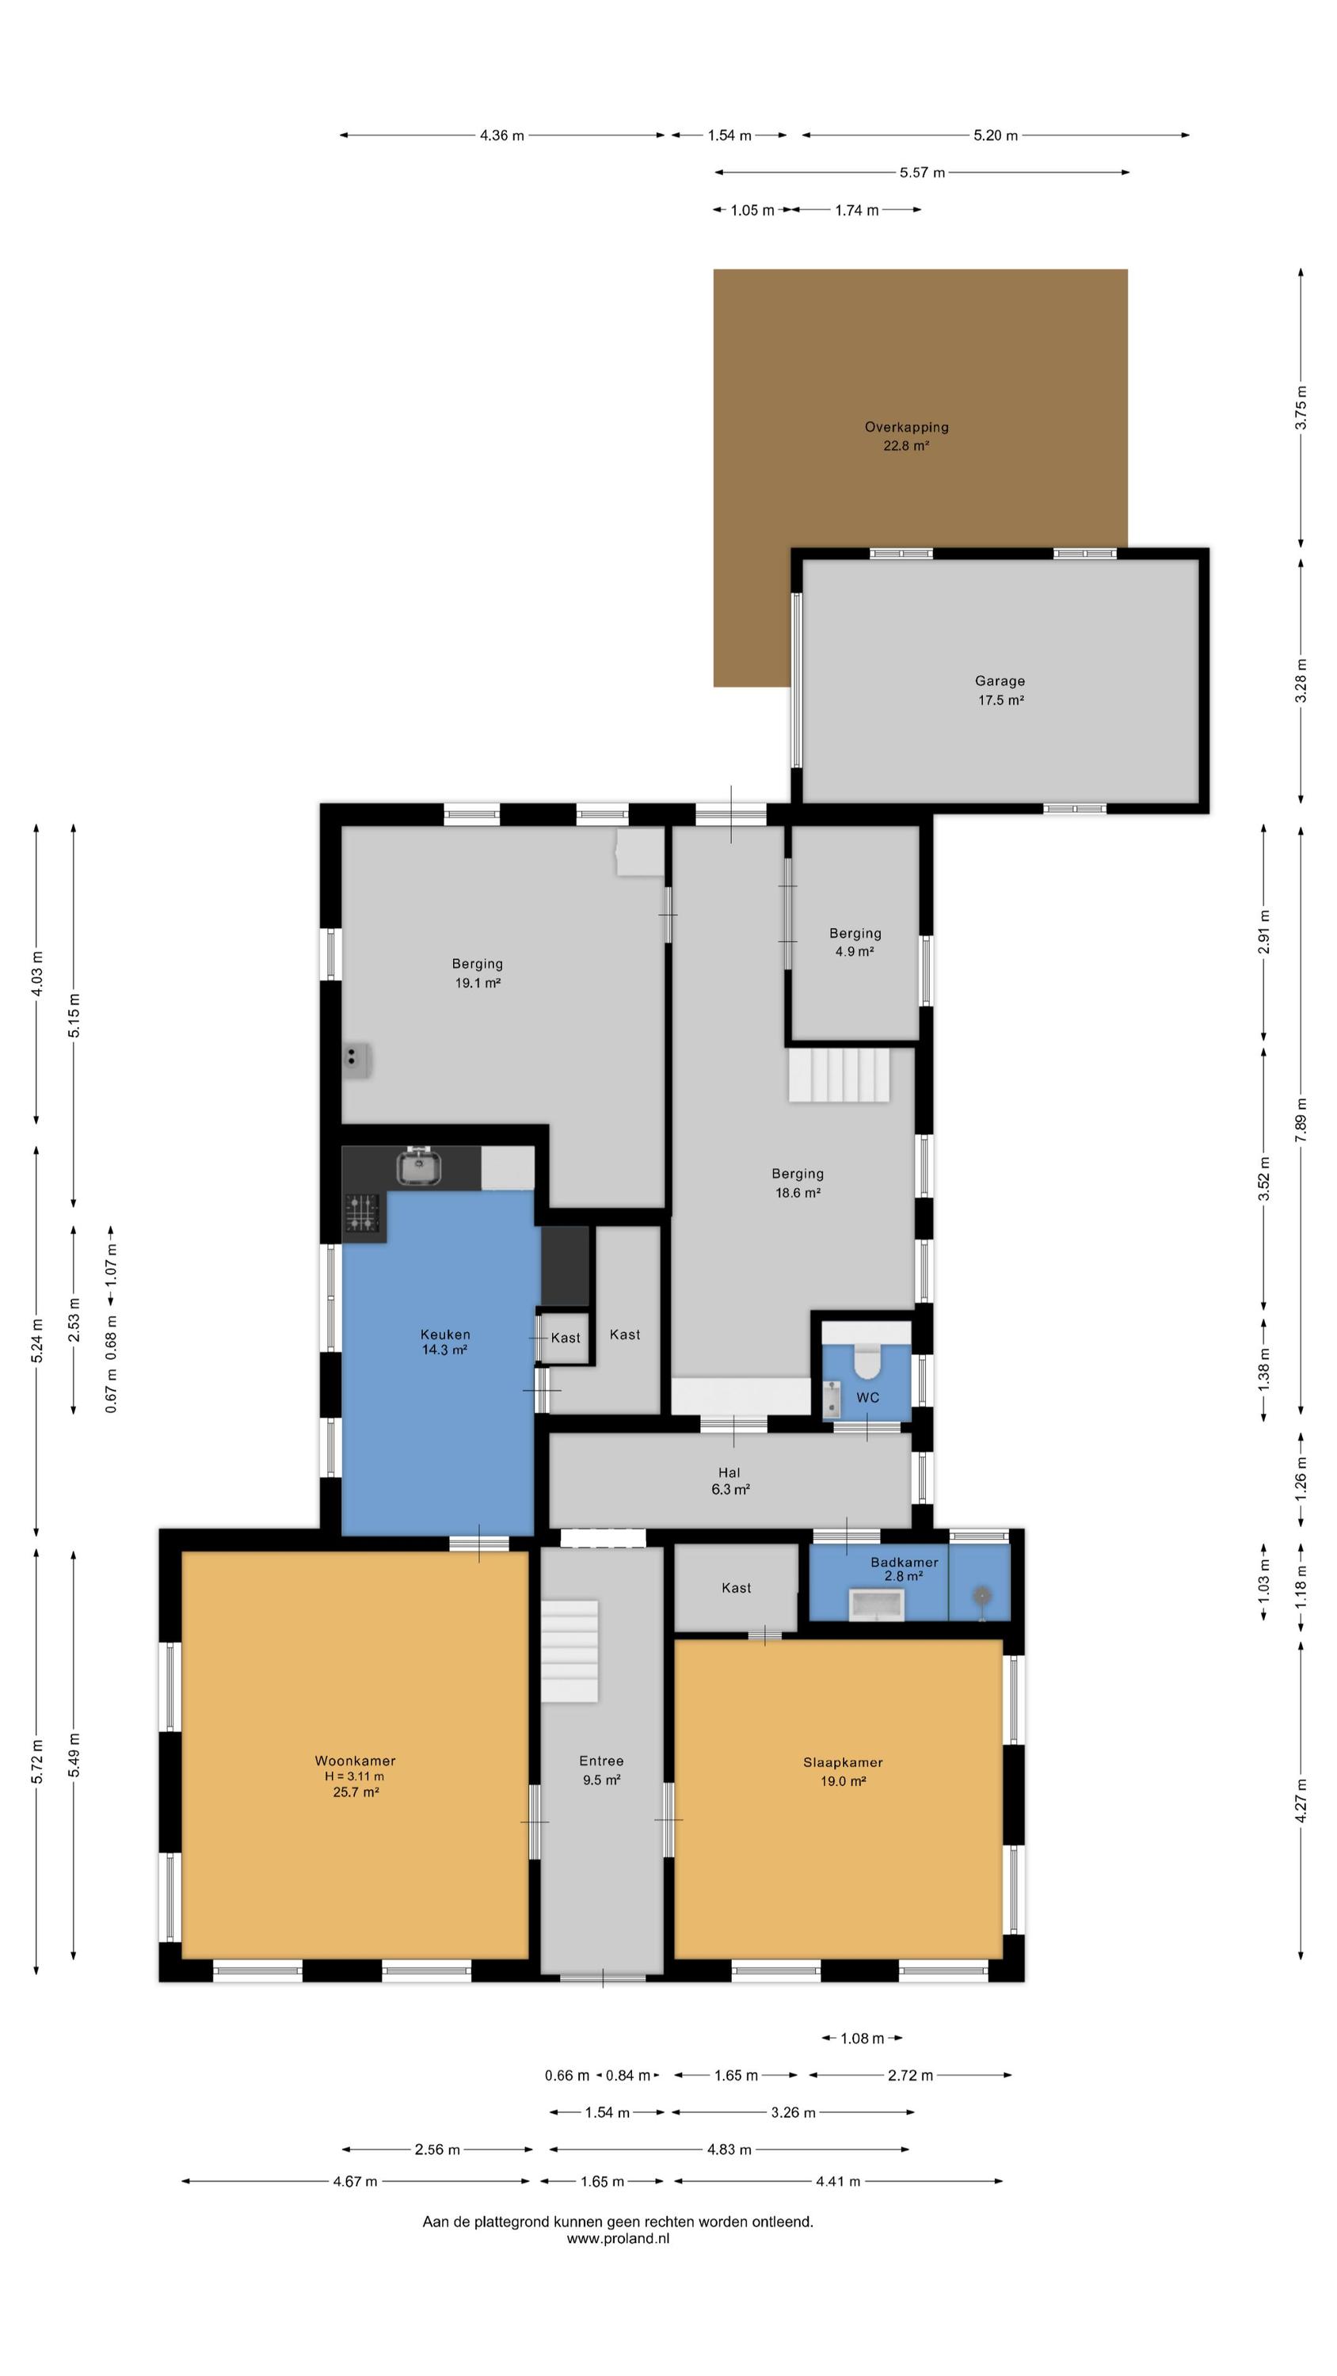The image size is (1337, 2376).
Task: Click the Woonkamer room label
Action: (356, 1760)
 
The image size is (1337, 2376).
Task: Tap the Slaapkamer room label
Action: (843, 1761)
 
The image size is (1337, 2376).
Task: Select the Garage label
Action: (1000, 680)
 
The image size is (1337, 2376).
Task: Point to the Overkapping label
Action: (906, 427)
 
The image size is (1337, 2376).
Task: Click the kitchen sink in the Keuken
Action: (419, 1166)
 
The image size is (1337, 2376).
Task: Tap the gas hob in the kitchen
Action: (363, 1213)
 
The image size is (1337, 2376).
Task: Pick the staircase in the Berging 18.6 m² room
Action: (839, 1074)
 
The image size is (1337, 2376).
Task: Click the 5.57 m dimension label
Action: (922, 173)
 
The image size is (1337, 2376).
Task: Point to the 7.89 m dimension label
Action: (1301, 1120)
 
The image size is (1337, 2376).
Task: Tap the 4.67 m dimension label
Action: (356, 2181)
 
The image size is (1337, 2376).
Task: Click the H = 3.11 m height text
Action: (354, 1776)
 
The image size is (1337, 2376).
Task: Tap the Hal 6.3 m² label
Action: (729, 1480)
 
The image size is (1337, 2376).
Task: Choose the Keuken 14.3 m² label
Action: (445, 1341)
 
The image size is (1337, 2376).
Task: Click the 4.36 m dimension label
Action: (502, 135)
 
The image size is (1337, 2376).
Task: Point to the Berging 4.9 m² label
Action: (855, 942)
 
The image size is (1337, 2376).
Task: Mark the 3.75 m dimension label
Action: (1301, 407)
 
